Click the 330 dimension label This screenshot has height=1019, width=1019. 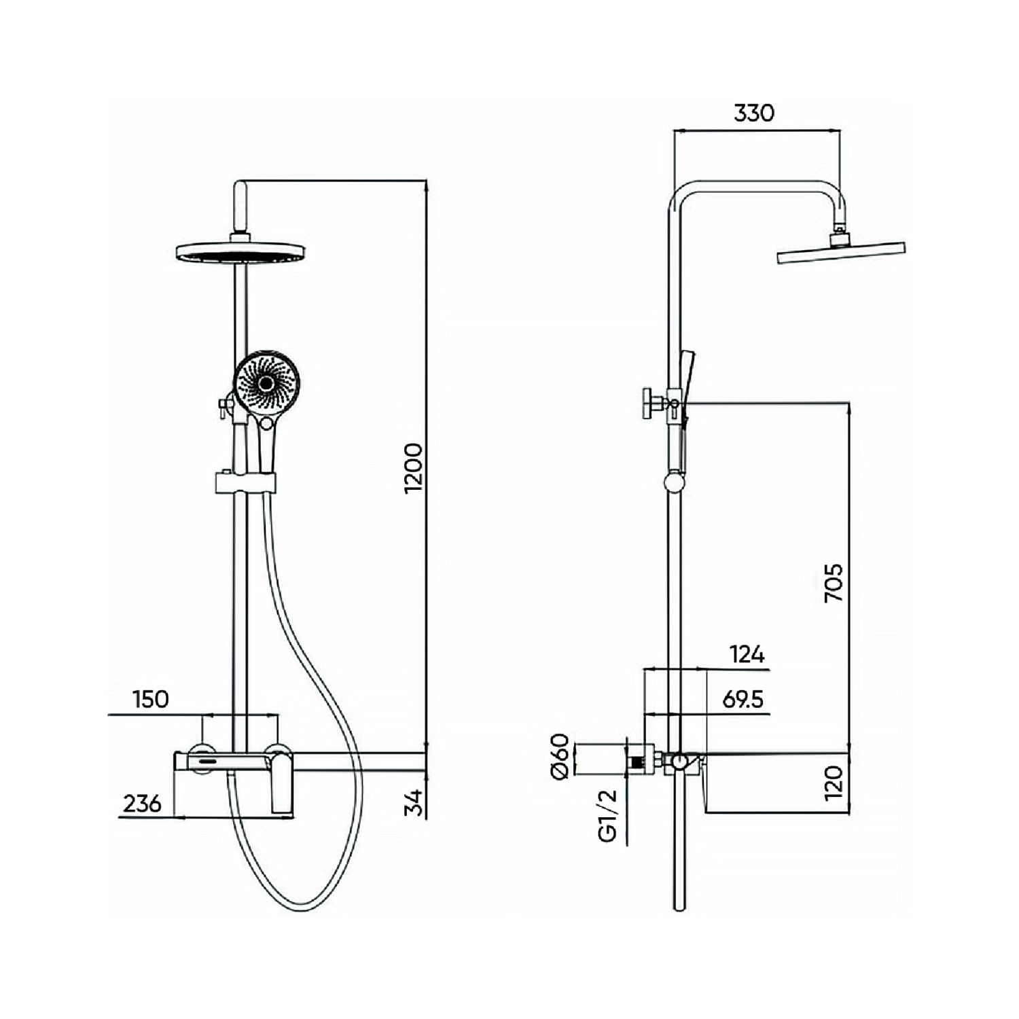tap(753, 113)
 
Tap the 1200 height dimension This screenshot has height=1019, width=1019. tap(413, 469)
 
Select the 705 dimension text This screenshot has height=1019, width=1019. tap(833, 582)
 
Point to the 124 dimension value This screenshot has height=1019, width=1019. tap(747, 655)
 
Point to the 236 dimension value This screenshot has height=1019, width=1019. tap(143, 804)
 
